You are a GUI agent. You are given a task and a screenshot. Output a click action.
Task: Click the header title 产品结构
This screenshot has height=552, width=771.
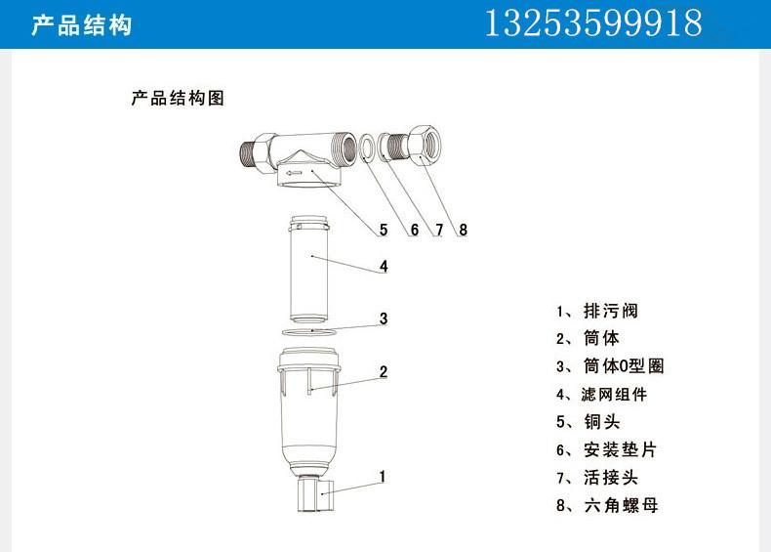81,25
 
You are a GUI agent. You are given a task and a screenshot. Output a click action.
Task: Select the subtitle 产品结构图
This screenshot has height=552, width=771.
179,99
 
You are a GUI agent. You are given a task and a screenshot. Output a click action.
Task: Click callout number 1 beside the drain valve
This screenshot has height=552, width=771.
384,477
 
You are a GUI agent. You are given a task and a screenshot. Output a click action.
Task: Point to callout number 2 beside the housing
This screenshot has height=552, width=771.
384,371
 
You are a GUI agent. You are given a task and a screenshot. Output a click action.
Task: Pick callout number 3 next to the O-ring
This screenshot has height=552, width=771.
384,318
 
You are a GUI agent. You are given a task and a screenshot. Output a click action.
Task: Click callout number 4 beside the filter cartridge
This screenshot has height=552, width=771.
384,266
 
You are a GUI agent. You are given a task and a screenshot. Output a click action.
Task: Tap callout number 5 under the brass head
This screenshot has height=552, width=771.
384,230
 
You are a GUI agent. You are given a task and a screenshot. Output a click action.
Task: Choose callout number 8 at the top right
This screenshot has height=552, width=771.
463,230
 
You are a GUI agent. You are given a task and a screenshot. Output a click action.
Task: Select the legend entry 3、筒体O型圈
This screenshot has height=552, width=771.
610,366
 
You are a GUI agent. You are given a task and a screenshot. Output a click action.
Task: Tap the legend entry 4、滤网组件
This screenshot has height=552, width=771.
601,395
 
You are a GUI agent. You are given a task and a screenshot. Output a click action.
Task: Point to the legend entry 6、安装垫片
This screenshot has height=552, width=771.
601,450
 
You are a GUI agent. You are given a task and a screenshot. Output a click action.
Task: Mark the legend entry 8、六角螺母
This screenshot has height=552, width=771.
601,505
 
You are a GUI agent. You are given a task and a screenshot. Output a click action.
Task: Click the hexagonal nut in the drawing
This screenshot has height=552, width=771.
426,145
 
